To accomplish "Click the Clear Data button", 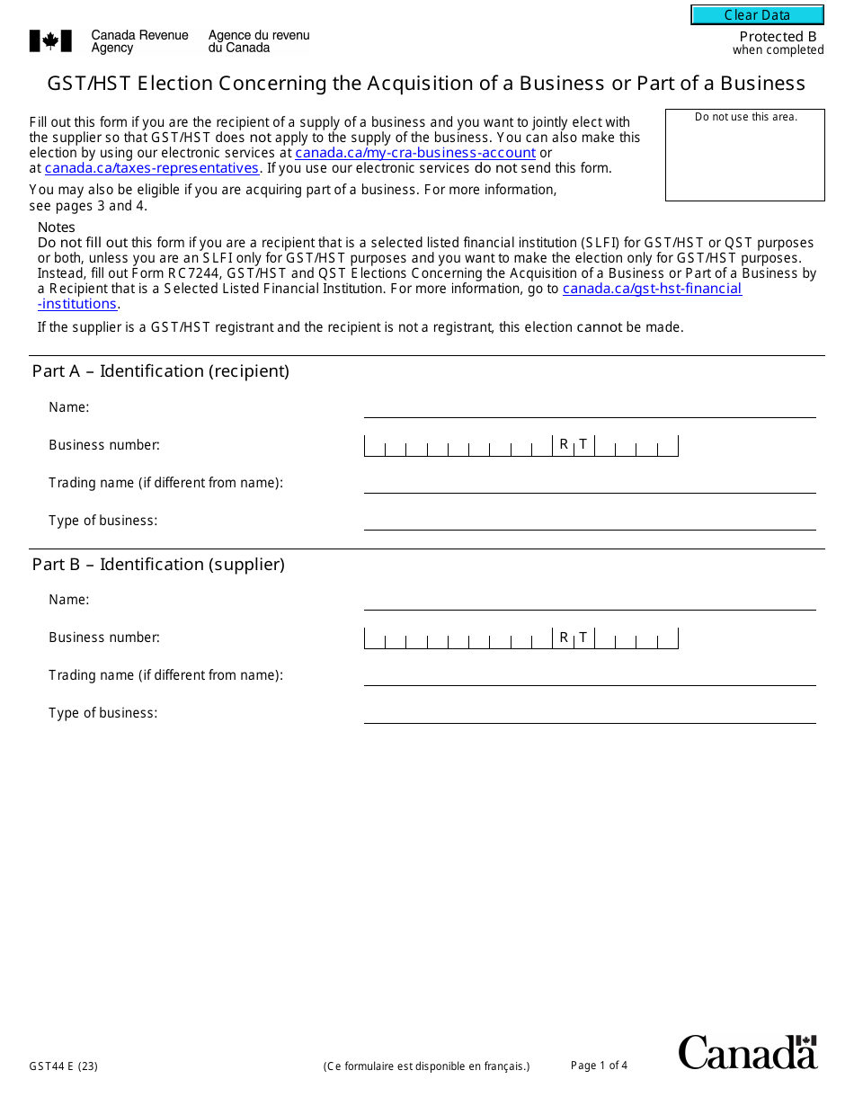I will tap(757, 15).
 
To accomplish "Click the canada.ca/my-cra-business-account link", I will tap(415, 153).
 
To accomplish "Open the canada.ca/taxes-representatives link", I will tap(152, 168).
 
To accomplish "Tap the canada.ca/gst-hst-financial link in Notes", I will tap(652, 289).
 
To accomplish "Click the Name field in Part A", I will tap(590, 407).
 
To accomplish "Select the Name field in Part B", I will tap(590, 600).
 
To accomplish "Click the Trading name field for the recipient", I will tap(590, 483).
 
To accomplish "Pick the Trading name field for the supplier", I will tap(590, 675).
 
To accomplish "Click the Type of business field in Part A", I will tap(590, 521).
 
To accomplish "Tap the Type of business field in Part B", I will tap(590, 713).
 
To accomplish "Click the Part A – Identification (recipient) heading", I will tap(161, 371).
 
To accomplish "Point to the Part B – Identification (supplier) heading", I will tap(158, 565).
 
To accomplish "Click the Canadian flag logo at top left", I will tap(44, 40).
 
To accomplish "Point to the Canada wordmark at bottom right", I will tap(747, 1051).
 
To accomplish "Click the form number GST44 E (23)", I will tap(63, 1067).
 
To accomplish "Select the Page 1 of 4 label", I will tap(599, 1066).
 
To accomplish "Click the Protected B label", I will tap(778, 37).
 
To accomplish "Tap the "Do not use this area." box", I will tap(745, 155).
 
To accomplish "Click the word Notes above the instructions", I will tap(57, 227).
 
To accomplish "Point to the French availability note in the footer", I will tap(427, 1067).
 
